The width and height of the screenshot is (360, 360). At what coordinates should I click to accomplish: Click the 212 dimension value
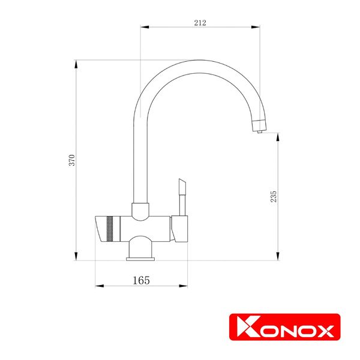coord(200,23)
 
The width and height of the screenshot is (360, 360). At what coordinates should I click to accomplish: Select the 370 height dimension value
coord(71,160)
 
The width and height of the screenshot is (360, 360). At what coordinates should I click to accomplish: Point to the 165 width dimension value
coord(141,280)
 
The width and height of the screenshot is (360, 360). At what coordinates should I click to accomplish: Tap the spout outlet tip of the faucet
coord(259,130)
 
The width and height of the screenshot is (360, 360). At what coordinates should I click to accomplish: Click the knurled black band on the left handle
coord(109,229)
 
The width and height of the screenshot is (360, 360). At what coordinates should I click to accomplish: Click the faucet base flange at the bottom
coord(140,259)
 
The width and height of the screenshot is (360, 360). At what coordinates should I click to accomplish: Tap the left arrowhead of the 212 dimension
coord(143,27)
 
